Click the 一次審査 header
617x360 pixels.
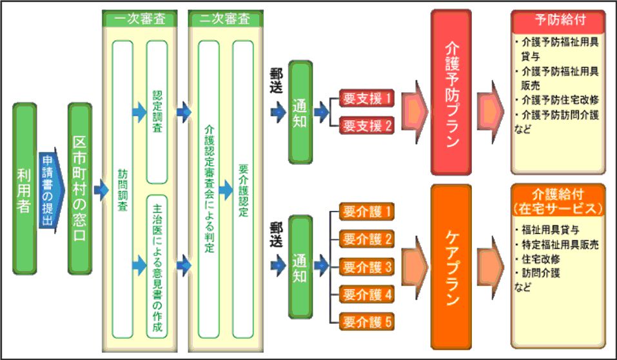coord(140,18)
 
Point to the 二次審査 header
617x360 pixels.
coord(219,18)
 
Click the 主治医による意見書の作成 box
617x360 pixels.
coord(157,265)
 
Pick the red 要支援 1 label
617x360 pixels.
coord(367,98)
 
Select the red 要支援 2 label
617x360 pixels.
coord(367,125)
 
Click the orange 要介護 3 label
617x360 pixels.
coord(367,266)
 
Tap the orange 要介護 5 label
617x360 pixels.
coord(367,321)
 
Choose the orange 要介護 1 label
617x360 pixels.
coord(367,211)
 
